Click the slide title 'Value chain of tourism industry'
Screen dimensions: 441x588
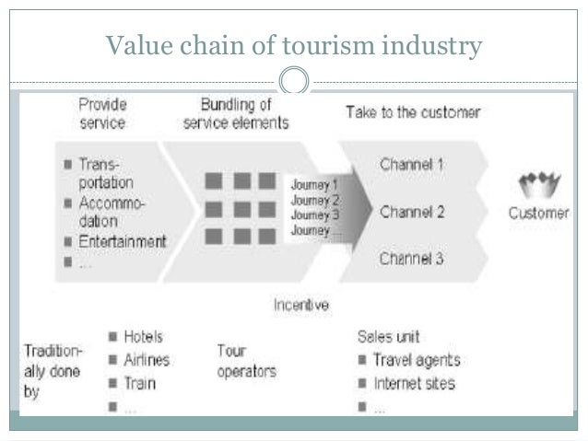pos(293,44)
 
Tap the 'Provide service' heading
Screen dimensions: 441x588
pos(102,113)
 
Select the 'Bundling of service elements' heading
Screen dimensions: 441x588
pos(236,113)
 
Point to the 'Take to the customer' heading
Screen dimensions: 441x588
pos(413,112)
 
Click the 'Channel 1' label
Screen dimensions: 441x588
pos(412,166)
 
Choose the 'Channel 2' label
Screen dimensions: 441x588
pos(412,213)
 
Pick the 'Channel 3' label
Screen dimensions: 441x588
pos(412,259)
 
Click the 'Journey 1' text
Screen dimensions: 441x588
pos(314,185)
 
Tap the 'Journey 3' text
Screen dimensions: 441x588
pos(314,215)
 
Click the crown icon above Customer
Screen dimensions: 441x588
pos(539,185)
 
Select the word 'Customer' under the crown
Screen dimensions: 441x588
pos(539,214)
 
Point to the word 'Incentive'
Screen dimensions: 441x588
pos(301,304)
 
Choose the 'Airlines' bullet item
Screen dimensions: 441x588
pos(147,360)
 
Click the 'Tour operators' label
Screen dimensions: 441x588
pos(246,361)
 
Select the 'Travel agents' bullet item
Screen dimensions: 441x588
pos(416,360)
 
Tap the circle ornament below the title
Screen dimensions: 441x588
pos(294,81)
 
